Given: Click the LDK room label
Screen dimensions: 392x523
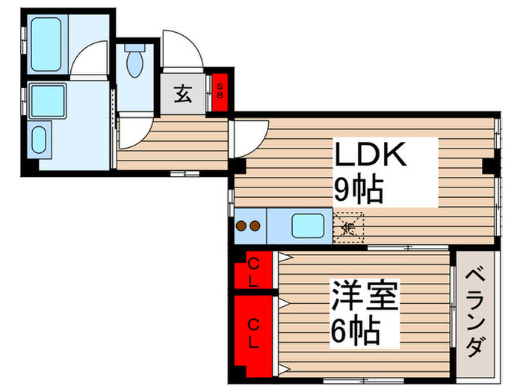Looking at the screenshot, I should (x=370, y=156).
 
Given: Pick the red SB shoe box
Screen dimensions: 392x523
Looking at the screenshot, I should (x=220, y=91).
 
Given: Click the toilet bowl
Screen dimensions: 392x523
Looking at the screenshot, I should (x=135, y=63).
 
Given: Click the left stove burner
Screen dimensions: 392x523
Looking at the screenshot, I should (x=242, y=225).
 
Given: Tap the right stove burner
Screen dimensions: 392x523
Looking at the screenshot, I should (x=255, y=225).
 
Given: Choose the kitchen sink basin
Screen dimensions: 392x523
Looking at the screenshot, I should (x=307, y=225).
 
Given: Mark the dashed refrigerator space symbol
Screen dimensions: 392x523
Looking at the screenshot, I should (x=348, y=226).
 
